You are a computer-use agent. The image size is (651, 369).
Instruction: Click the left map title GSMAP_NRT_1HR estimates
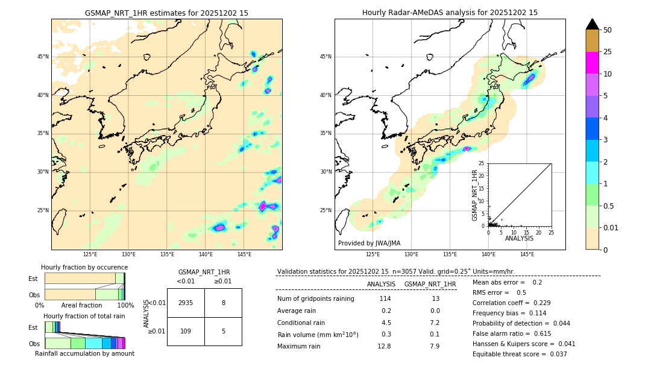[x=166, y=13]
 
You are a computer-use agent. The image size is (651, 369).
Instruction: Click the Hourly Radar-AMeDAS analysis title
[x=450, y=13]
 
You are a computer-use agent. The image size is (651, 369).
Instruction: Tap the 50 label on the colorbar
[x=608, y=30]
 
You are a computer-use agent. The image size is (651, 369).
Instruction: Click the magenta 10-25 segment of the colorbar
[x=592, y=63]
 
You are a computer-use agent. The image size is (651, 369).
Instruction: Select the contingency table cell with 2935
[x=186, y=303]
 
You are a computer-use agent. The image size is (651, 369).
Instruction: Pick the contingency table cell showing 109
[x=186, y=331]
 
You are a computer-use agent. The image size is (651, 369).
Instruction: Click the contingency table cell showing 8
[x=223, y=303]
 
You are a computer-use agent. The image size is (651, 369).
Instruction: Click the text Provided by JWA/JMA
[x=369, y=243]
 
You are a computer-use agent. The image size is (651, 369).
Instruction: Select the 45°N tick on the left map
[x=43, y=57]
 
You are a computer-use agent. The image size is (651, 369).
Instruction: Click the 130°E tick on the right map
[x=411, y=254]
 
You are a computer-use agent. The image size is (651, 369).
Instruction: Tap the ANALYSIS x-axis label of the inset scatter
[x=519, y=238]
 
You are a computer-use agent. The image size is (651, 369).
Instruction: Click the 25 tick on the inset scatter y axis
[x=482, y=163]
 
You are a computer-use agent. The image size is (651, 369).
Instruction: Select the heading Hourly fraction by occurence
[x=84, y=267]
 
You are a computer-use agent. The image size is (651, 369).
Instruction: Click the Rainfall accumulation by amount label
[x=84, y=353]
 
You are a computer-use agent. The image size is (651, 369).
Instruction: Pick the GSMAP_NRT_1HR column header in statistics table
[x=430, y=284]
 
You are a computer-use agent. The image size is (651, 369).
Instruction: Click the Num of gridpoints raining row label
[x=316, y=298]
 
